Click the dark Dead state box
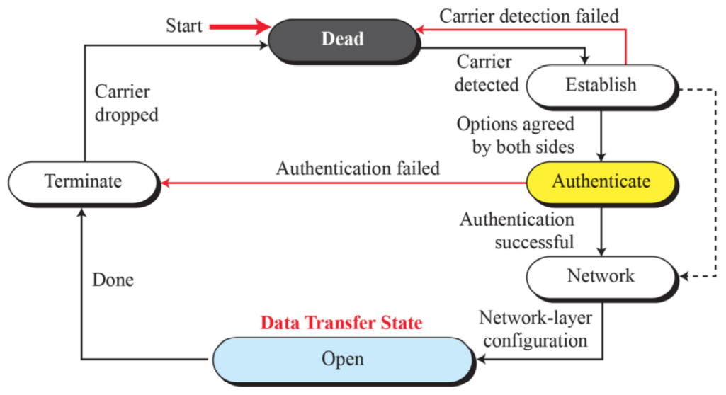(x=343, y=40)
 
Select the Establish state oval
(x=601, y=86)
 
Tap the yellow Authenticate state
(x=601, y=182)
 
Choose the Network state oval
(x=601, y=277)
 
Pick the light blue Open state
(x=343, y=360)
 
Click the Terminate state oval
(x=84, y=182)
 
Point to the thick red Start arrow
(x=240, y=26)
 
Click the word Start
(x=184, y=25)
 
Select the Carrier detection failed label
(x=529, y=16)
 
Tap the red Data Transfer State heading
(x=341, y=322)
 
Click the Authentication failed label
(x=358, y=168)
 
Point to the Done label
(x=113, y=280)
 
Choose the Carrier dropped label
(x=126, y=103)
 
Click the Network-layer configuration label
(x=535, y=329)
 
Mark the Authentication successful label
(x=517, y=230)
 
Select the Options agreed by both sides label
(x=516, y=135)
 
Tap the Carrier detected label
(x=486, y=73)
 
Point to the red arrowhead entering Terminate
(x=165, y=183)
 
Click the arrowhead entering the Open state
(x=481, y=359)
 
